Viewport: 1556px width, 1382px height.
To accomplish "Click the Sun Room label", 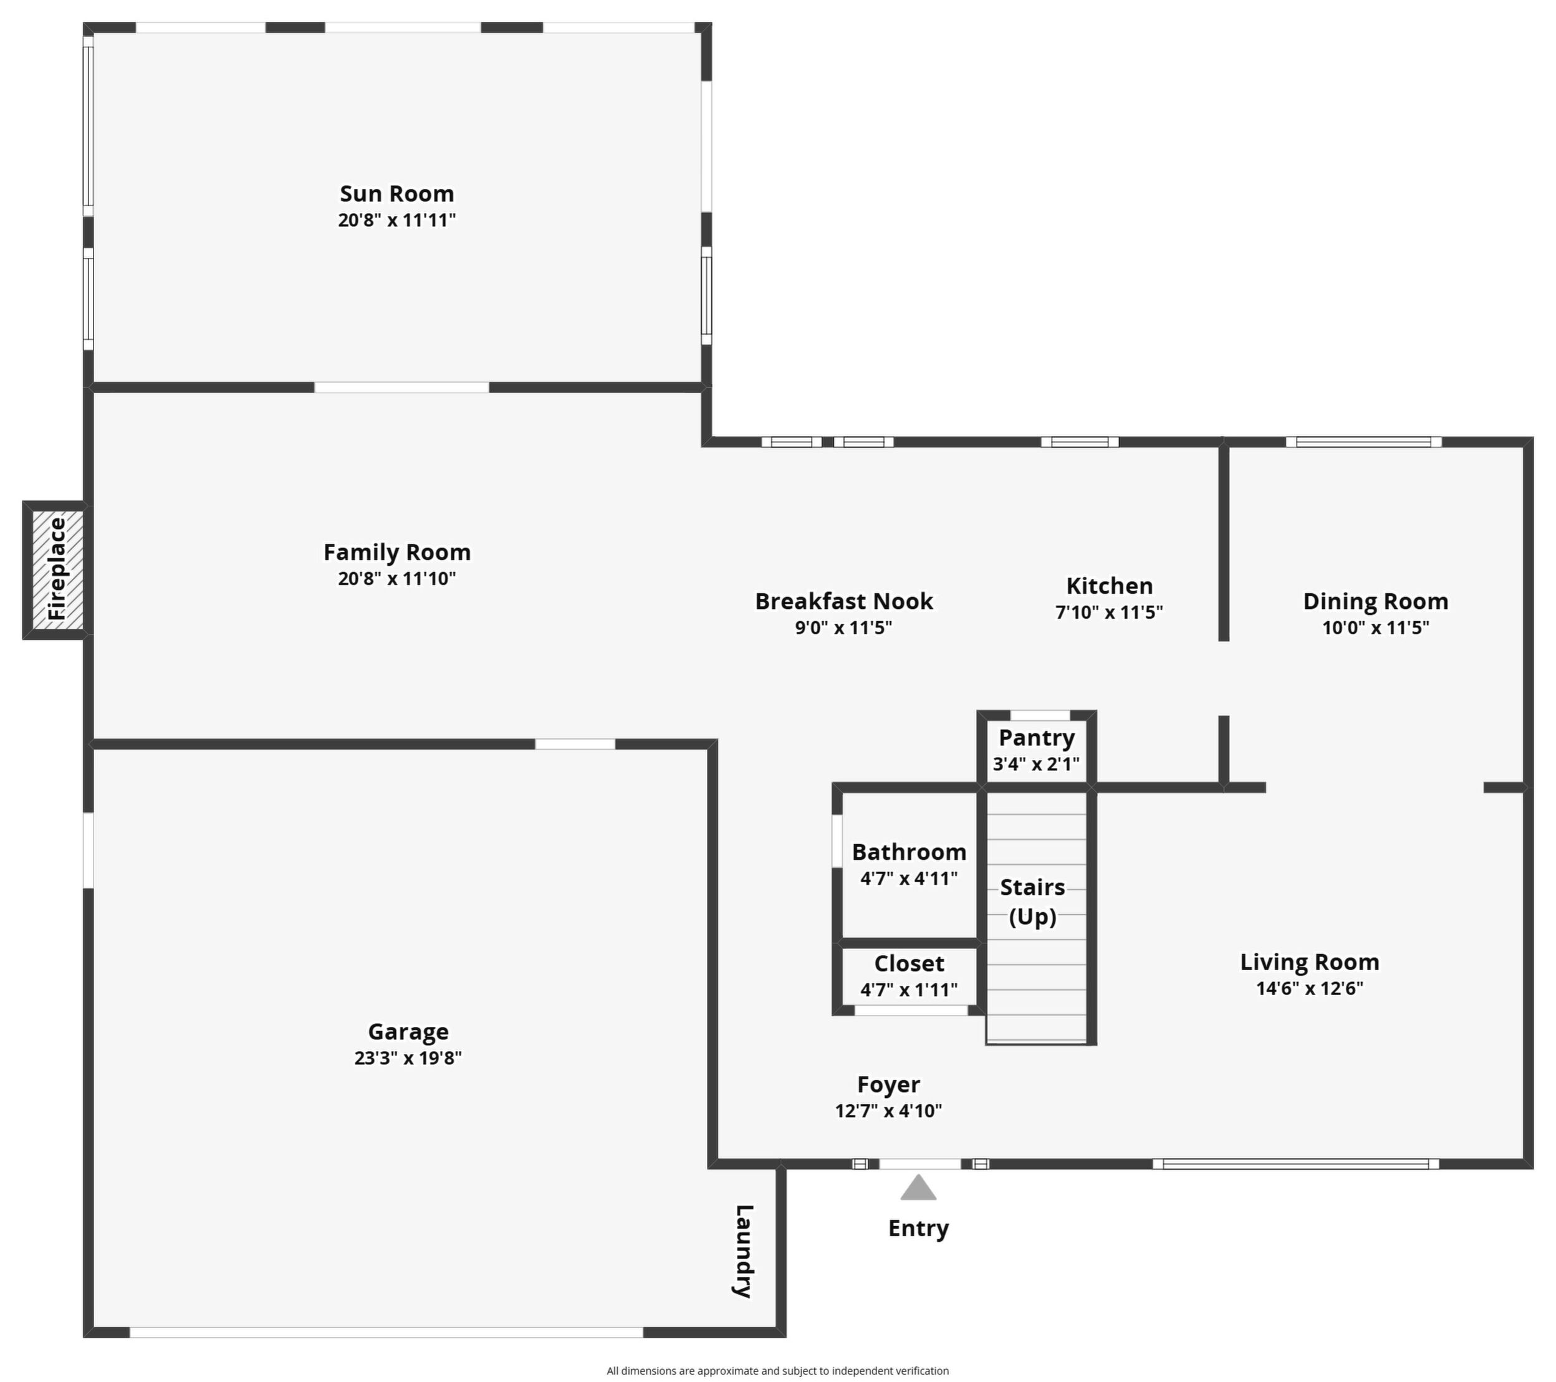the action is [396, 193].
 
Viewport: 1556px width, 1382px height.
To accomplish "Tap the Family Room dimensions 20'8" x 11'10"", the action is [396, 578].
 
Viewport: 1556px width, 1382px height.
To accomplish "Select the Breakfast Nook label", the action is [843, 601].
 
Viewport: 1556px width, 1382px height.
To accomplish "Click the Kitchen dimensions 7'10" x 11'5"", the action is [1109, 612].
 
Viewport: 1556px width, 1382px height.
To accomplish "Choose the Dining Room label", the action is [1376, 601].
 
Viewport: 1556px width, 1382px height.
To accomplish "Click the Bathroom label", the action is [909, 852].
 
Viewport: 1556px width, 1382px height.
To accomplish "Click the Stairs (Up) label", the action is [1033, 902].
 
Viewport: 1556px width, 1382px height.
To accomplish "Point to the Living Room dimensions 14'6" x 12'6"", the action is [1309, 988].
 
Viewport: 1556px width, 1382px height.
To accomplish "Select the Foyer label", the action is [888, 1084].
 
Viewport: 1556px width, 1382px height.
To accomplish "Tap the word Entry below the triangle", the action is [918, 1228].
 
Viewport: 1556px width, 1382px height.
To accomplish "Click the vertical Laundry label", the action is [744, 1251].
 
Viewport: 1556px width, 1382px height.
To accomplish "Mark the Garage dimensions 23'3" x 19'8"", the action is [408, 1058].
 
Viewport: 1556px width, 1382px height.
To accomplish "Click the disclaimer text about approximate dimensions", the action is [777, 1371].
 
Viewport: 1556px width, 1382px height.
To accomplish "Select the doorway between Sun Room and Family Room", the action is [402, 388].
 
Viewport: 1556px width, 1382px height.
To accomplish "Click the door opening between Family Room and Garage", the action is [575, 743].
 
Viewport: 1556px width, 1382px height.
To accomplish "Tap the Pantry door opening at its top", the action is [1040, 715].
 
